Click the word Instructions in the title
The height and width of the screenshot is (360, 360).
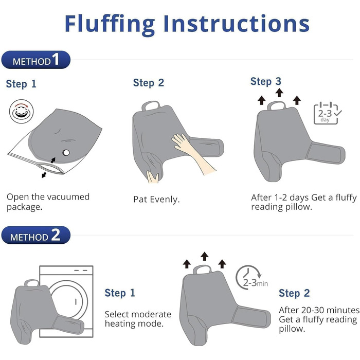click(x=237, y=23)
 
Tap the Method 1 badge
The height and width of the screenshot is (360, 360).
click(x=36, y=60)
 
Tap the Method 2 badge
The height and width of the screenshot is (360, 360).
click(x=36, y=235)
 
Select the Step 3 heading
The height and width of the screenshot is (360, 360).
click(x=266, y=81)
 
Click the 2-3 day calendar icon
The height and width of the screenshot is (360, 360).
click(x=327, y=114)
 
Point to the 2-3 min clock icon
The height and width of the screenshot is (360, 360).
click(x=251, y=278)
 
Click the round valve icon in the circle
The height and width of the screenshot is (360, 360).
click(x=22, y=112)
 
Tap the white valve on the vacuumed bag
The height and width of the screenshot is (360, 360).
click(x=66, y=152)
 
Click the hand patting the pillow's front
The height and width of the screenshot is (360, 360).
click(x=193, y=153)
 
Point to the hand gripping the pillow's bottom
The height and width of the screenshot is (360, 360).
click(x=153, y=177)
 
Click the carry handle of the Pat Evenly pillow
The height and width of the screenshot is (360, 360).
click(x=151, y=105)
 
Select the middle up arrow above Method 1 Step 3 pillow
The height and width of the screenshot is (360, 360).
click(x=279, y=93)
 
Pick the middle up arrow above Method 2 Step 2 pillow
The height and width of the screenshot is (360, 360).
click(x=204, y=256)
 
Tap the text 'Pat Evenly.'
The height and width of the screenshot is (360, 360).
click(x=156, y=200)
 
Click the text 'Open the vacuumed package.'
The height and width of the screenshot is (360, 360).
click(x=48, y=202)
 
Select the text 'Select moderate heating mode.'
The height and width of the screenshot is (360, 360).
click(x=138, y=319)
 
